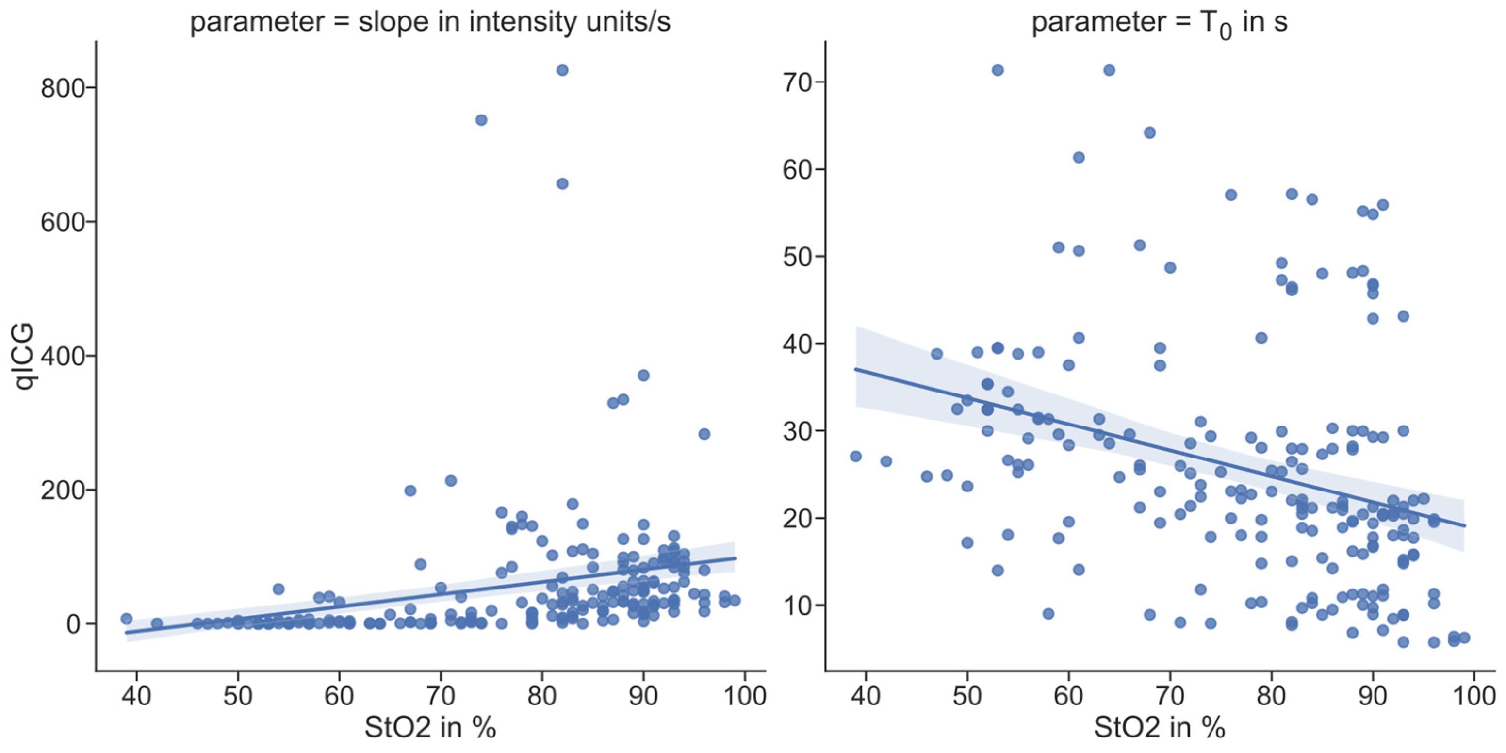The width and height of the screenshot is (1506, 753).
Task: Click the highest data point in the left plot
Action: pyautogui.click(x=562, y=70)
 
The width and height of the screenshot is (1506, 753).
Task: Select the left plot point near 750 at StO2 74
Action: pyautogui.click(x=481, y=120)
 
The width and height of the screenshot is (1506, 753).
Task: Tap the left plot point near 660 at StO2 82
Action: pyautogui.click(x=562, y=183)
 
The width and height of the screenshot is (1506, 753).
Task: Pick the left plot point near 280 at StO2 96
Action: pyautogui.click(x=704, y=434)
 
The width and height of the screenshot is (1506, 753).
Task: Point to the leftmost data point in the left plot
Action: pyautogui.click(x=126, y=619)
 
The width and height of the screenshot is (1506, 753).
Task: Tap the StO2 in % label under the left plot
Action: pyautogui.click(x=430, y=728)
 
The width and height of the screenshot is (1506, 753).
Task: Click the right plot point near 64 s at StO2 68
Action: pyautogui.click(x=1149, y=133)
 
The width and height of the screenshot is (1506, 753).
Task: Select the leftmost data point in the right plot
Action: pyautogui.click(x=856, y=456)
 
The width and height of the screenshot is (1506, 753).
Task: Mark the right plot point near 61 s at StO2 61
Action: pyautogui.click(x=1079, y=158)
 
